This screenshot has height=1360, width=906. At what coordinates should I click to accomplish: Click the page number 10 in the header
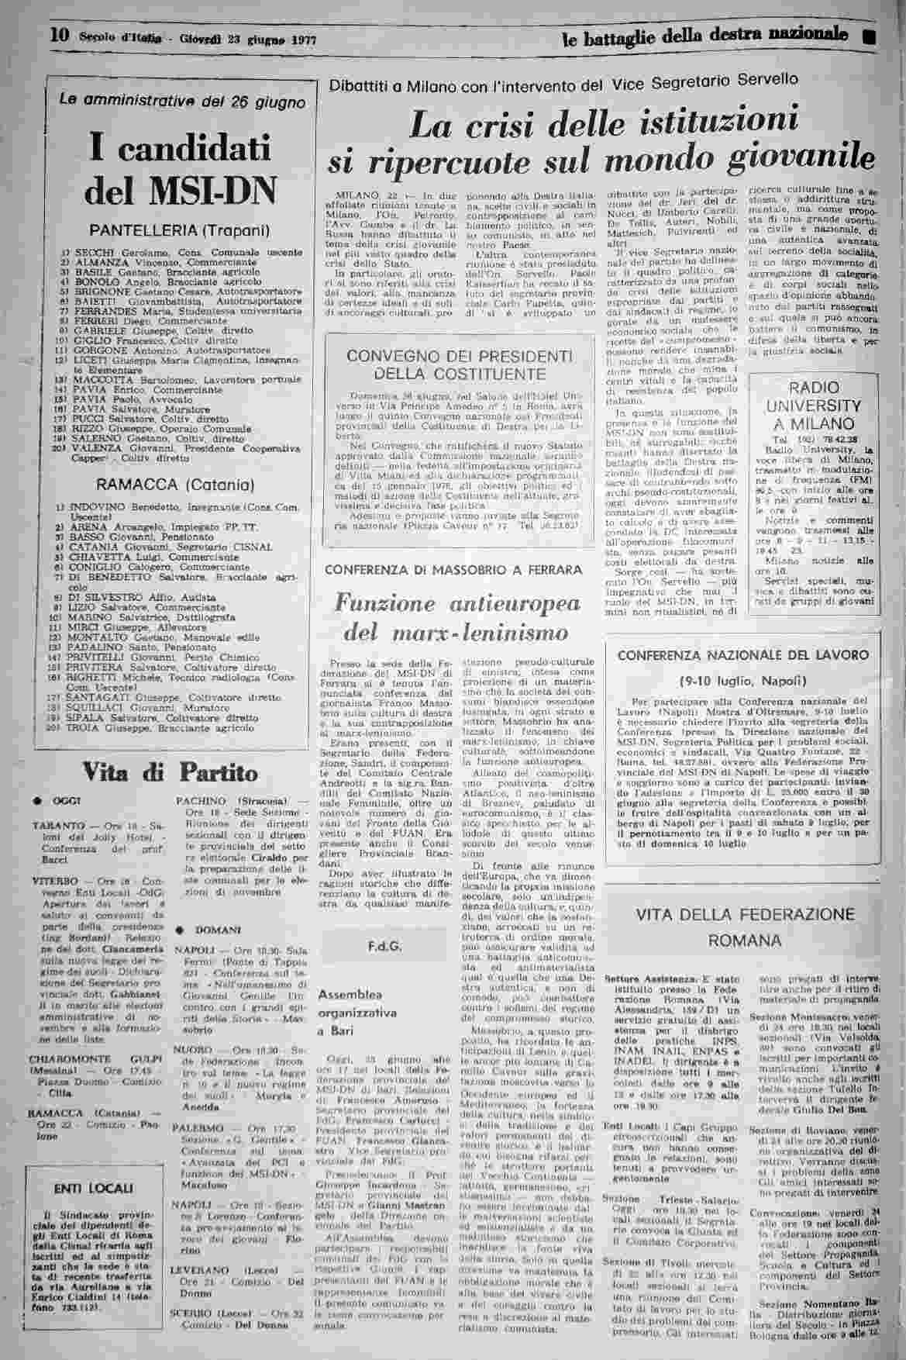click(x=61, y=35)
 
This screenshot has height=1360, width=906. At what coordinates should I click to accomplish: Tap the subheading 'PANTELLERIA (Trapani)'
click(x=179, y=231)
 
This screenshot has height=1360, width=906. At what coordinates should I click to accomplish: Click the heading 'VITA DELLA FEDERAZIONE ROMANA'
click(x=746, y=927)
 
